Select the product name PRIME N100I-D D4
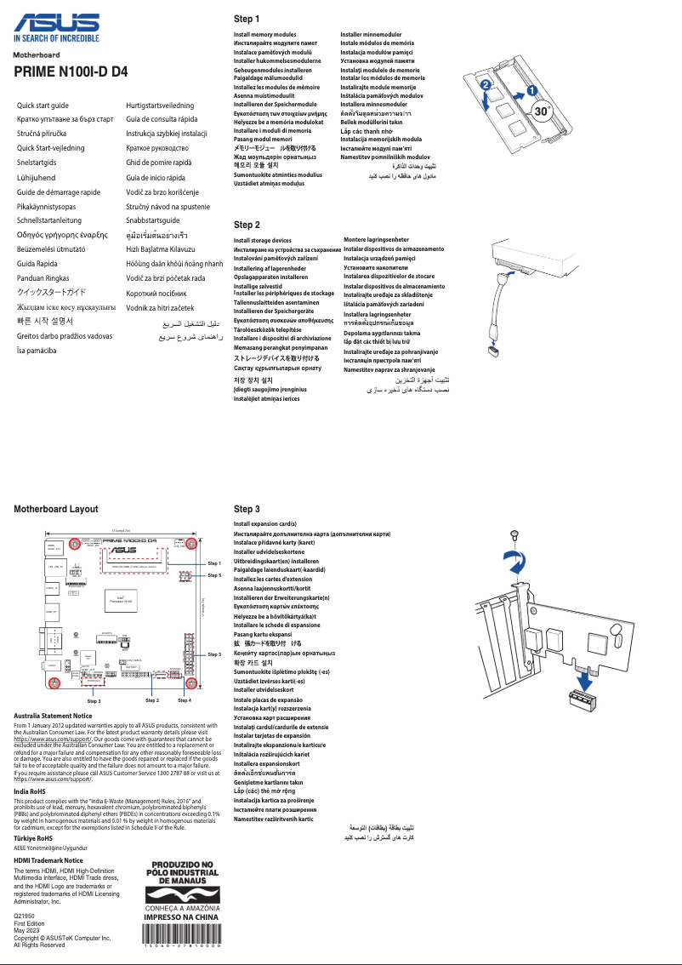point(71,72)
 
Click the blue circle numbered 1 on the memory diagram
point(531,88)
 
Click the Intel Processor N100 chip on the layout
point(122,599)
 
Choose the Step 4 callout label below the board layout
point(185,699)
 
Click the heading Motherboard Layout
point(56,509)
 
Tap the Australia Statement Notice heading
point(53,717)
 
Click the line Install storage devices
point(263,241)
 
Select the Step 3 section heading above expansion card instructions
point(247,508)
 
